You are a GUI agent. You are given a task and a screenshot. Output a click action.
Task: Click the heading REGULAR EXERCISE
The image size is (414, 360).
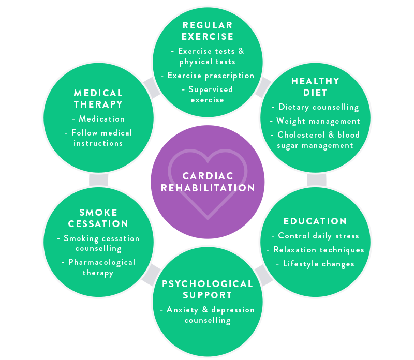[208, 31]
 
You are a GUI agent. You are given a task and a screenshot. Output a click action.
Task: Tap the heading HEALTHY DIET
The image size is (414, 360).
[315, 87]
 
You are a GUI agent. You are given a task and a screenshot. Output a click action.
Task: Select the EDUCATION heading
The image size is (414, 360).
[315, 221]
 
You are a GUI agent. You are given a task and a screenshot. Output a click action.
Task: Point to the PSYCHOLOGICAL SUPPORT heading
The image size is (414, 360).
[208, 290]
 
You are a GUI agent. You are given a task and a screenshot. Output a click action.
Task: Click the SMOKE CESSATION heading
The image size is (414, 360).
[98, 218]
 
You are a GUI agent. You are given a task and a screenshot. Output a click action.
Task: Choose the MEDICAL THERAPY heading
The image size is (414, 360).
[98, 98]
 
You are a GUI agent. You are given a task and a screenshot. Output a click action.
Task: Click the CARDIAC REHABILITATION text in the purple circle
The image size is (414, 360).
[208, 182]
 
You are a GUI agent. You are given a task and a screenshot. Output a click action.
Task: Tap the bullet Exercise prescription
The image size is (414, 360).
[211, 76]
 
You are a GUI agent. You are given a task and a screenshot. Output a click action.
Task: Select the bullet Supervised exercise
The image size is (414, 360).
[208, 94]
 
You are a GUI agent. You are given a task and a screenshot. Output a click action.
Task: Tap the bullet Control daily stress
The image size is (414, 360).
[315, 236]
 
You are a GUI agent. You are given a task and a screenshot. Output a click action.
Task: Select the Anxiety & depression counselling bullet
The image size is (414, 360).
[208, 315]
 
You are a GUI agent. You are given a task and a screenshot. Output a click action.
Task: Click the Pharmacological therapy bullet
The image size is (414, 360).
[98, 267]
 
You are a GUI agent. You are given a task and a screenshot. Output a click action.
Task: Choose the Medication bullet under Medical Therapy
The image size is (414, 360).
[98, 119]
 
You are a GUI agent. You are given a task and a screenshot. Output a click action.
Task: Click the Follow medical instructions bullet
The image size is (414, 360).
[98, 138]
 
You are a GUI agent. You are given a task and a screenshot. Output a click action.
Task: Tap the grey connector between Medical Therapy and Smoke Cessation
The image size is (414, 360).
[98, 179]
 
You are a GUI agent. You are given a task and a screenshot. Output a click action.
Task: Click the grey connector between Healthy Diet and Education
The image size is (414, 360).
[316, 179]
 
